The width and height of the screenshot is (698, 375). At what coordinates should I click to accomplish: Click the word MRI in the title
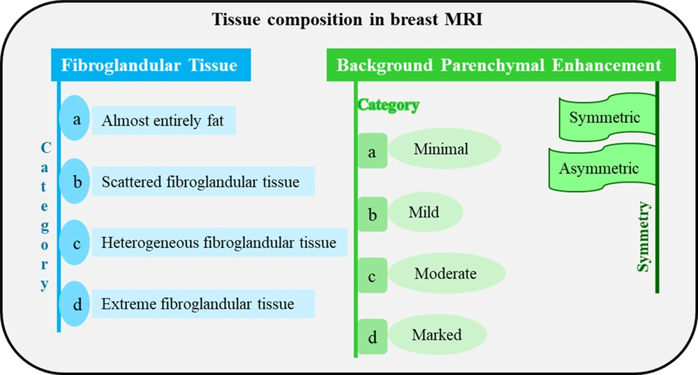[464, 20]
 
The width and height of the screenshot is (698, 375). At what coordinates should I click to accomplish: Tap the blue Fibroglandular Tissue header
[151, 65]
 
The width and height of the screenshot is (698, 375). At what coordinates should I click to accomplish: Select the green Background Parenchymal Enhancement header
[501, 65]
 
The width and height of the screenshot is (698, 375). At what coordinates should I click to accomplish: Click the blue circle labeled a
[75, 118]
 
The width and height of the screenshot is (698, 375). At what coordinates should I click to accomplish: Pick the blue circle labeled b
[75, 181]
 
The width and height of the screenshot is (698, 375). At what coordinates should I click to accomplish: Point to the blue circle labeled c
[75, 243]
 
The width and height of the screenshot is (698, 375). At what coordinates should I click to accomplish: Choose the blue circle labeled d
[75, 304]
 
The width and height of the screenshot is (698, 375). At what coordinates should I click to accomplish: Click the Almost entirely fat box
[164, 121]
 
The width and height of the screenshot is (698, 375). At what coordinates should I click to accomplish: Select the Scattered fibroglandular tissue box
[203, 181]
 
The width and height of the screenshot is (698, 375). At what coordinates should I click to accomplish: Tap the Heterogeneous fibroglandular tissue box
[219, 243]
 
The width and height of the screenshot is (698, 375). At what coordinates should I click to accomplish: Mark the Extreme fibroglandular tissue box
[203, 303]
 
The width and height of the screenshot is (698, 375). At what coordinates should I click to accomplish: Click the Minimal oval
[445, 149]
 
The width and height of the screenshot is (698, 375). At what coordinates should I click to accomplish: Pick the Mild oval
[426, 212]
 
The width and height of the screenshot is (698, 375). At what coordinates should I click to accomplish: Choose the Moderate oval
[447, 273]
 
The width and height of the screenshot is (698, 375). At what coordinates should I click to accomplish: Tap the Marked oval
[438, 335]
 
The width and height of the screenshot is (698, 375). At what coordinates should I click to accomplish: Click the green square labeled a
[373, 151]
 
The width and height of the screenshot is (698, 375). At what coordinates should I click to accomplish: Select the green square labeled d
[373, 337]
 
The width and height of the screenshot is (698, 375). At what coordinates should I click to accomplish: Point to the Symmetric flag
[607, 117]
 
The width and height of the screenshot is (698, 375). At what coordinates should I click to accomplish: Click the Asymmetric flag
[602, 167]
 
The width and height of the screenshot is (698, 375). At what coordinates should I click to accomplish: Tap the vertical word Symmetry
[644, 236]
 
